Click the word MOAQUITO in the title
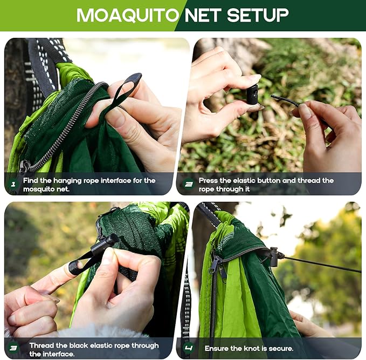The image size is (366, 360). (x=127, y=15)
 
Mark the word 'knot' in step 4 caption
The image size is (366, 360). (x=258, y=349)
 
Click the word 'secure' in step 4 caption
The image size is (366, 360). (x=280, y=349)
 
